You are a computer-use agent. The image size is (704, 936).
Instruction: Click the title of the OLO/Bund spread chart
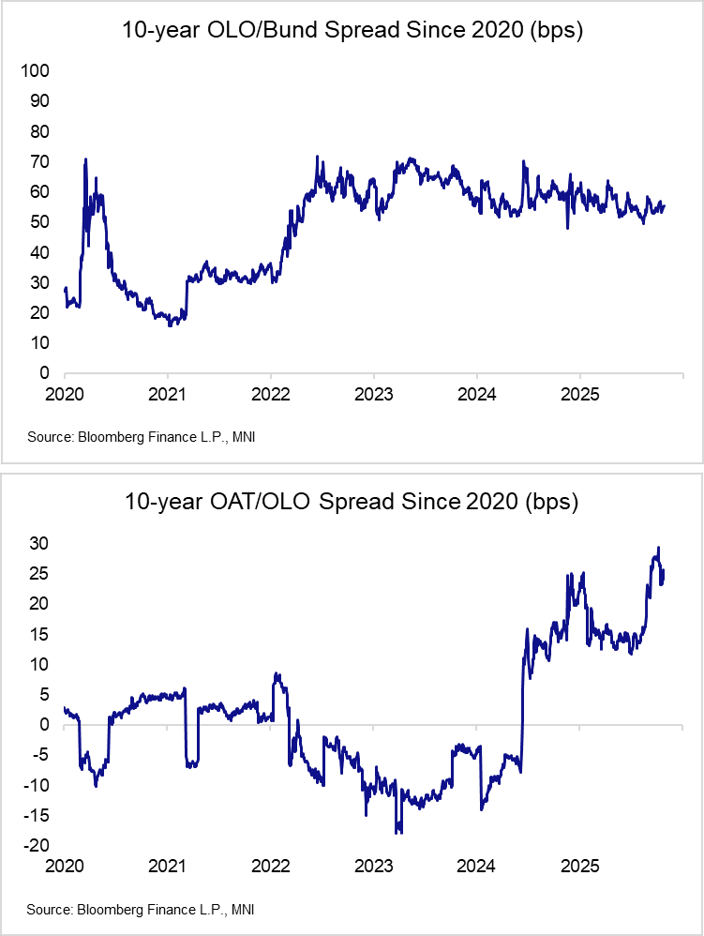point(352,30)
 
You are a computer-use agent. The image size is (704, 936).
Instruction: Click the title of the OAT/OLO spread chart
point(352,502)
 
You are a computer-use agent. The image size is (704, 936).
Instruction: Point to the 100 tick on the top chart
point(35,70)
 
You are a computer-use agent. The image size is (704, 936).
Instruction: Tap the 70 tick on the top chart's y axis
point(38,161)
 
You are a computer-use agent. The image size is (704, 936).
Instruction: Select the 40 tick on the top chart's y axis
point(38,252)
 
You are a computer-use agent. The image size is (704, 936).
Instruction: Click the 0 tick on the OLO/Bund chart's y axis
point(43,373)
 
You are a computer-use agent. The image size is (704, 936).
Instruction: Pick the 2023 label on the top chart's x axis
point(373,394)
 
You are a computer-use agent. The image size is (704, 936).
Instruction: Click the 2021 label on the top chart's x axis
point(167,394)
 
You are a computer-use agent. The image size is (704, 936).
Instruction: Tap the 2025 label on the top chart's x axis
point(579,394)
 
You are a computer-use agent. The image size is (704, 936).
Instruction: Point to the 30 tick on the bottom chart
point(38,543)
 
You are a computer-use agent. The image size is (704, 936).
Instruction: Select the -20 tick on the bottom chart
point(36,846)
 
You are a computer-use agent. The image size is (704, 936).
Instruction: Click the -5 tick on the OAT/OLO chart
point(39,755)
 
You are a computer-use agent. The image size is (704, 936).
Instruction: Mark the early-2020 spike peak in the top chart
point(85,159)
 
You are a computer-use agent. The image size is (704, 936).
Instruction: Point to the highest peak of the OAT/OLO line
point(659,548)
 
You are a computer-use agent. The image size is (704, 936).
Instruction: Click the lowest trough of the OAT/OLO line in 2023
point(398,832)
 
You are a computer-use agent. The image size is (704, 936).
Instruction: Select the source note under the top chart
point(141,437)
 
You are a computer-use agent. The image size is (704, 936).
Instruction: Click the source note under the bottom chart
point(141,910)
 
